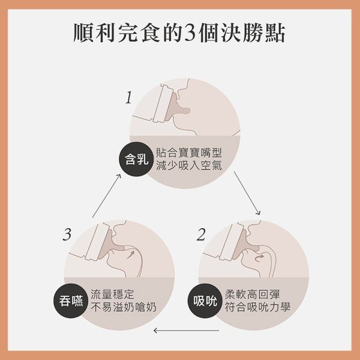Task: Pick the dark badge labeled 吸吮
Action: (205, 301)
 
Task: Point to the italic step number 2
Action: (201, 234)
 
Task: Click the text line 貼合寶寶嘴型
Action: (188, 152)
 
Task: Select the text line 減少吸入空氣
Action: (188, 166)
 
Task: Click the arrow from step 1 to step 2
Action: (247, 194)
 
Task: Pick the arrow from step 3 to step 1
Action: (106, 195)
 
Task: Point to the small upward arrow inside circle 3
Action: (131, 256)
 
